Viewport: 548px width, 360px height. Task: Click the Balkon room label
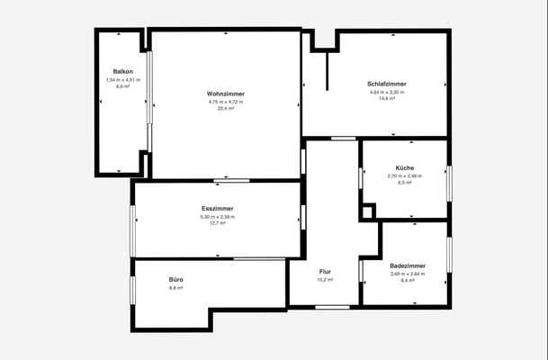(x=123, y=71)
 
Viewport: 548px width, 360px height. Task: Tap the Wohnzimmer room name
(x=226, y=94)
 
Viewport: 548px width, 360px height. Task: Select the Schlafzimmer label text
(x=387, y=84)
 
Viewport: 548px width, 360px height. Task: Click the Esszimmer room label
(x=218, y=209)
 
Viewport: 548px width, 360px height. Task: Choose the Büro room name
(x=175, y=280)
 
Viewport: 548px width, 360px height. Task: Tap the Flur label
(x=326, y=271)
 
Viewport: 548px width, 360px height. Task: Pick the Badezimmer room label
(x=408, y=266)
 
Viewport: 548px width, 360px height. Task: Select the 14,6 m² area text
(x=387, y=98)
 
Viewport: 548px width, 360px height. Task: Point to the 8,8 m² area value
(x=175, y=288)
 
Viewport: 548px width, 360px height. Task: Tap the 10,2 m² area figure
(x=326, y=280)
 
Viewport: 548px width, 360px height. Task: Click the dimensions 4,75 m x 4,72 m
(x=226, y=101)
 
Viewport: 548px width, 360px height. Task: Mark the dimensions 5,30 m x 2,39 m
(x=218, y=216)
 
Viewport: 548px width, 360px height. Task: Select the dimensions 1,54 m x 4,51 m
(x=123, y=79)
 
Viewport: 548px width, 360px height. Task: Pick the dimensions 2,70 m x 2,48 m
(x=405, y=175)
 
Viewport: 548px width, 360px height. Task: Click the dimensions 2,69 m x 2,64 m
(x=408, y=274)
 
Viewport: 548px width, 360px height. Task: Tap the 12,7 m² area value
(x=218, y=223)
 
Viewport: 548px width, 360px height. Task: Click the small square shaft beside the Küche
(x=367, y=212)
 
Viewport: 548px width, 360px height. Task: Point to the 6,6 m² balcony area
(x=123, y=86)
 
